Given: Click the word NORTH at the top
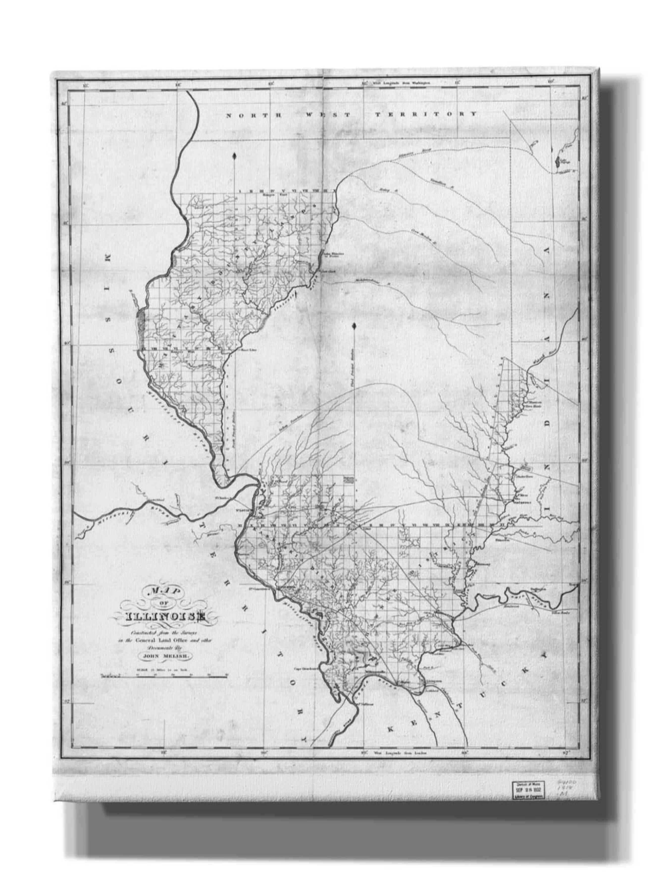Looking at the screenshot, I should pos(254,115).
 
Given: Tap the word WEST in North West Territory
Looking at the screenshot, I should pos(327,115).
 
